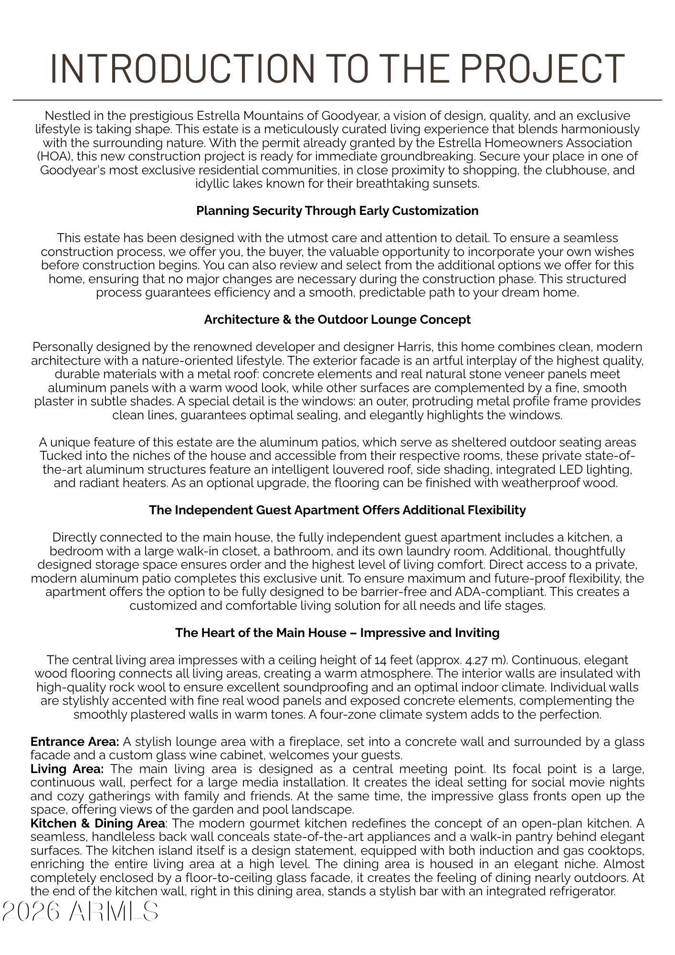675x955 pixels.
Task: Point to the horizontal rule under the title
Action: point(337,100)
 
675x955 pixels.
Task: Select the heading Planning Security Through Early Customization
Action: point(337,211)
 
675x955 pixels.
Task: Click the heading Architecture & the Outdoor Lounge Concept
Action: point(337,319)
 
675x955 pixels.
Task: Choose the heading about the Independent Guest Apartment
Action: point(337,510)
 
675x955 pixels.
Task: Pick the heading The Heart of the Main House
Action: point(337,633)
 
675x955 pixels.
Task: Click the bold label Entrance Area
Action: point(74,742)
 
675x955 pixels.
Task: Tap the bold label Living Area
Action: point(67,769)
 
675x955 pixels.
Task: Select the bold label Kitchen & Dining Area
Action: point(98,823)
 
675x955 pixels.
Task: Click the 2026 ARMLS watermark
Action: point(80,911)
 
